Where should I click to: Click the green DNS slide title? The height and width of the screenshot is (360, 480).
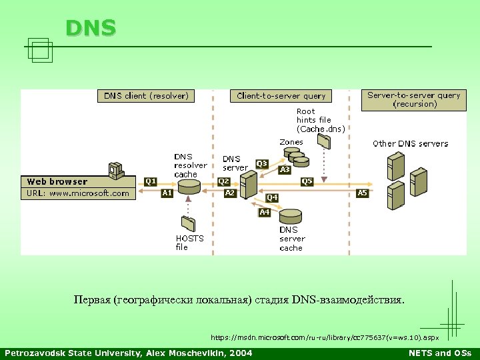click(91, 28)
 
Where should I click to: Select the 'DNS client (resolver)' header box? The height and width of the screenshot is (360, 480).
click(146, 96)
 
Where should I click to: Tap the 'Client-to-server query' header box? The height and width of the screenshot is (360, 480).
click(281, 96)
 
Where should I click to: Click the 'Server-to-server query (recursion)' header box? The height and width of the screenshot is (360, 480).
click(414, 99)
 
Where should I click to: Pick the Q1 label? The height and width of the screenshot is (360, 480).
click(151, 181)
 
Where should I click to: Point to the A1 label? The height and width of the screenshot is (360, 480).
click(168, 193)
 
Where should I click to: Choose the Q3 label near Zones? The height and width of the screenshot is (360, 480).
click(262, 163)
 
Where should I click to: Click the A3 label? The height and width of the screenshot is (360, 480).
click(285, 170)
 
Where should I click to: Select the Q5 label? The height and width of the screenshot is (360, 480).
click(307, 181)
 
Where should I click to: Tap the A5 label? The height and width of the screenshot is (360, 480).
click(362, 193)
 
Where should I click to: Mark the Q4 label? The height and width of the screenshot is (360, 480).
click(272, 198)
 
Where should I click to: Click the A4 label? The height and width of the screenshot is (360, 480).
click(265, 212)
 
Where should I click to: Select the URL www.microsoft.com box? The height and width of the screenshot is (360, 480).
click(79, 193)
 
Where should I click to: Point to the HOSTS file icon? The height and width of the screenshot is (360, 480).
click(188, 223)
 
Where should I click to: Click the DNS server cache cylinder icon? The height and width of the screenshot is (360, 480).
click(290, 216)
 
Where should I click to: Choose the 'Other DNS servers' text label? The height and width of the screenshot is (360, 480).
click(410, 143)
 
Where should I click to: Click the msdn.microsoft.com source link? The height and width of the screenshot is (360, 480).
click(325, 337)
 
